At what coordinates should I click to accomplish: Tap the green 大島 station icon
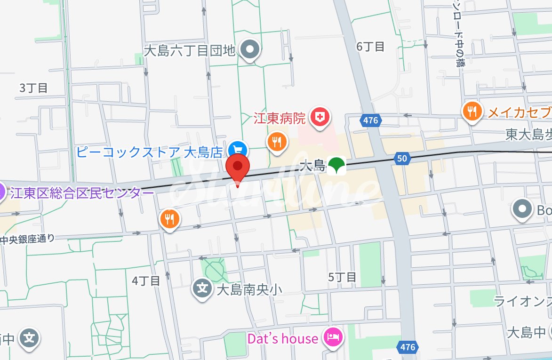click(x=336, y=166)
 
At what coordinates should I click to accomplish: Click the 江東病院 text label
click(x=280, y=117)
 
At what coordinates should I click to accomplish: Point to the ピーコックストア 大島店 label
click(x=150, y=152)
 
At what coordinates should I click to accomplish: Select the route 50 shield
click(x=401, y=159)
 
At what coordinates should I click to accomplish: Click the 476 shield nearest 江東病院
click(x=370, y=120)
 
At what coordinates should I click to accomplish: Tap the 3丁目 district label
click(x=33, y=88)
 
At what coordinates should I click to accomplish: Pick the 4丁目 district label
click(x=146, y=281)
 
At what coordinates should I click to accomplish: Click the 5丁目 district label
click(x=342, y=277)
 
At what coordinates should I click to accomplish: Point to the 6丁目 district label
click(x=370, y=47)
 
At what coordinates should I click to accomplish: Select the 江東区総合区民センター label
click(x=76, y=193)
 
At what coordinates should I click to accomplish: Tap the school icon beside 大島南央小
click(x=202, y=288)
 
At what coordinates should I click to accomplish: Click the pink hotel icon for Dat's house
click(x=333, y=337)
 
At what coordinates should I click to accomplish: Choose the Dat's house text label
click(x=282, y=338)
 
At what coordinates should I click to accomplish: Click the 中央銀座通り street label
click(x=27, y=239)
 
